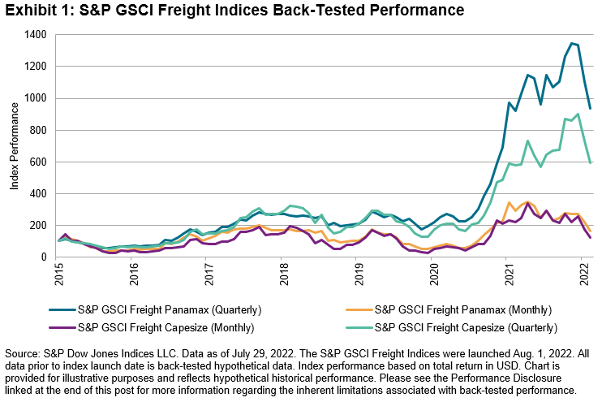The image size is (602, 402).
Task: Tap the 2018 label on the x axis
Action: [282, 277]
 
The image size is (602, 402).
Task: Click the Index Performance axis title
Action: [15, 146]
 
